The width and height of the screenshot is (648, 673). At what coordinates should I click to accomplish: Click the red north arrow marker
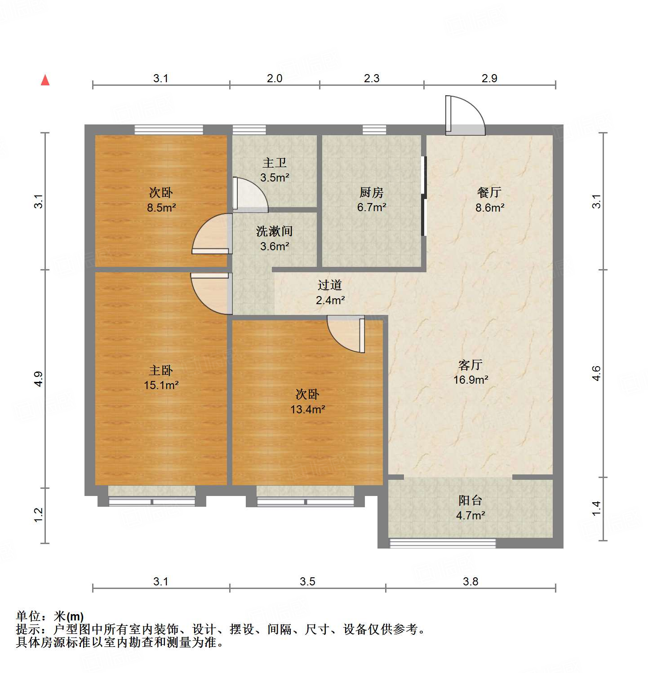[x=45, y=80]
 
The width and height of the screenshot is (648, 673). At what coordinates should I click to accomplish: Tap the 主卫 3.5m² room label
[x=275, y=170]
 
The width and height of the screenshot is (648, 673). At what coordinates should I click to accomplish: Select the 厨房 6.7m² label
[x=372, y=200]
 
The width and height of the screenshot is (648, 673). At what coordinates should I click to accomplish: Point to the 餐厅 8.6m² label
[x=489, y=200]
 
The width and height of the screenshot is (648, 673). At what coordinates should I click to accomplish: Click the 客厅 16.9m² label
[x=470, y=372]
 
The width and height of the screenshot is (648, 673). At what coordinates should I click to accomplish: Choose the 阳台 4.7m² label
[x=470, y=508]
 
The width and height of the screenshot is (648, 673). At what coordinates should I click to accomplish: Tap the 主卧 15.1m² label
[x=161, y=377]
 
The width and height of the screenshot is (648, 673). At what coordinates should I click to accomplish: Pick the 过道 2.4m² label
[x=330, y=292]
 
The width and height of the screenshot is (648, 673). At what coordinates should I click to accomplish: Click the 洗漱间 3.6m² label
[x=275, y=239]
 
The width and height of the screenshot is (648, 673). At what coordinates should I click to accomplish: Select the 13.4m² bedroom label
[x=307, y=402]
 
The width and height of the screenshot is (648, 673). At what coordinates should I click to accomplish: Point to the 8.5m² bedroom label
[x=161, y=200]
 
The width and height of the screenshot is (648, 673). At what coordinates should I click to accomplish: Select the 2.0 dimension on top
[x=275, y=78]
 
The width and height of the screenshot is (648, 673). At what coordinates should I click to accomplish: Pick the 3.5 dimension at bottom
[x=307, y=581]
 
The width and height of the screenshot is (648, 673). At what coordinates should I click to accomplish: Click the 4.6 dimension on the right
[x=596, y=373]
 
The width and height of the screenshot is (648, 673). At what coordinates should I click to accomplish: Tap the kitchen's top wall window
[x=374, y=130]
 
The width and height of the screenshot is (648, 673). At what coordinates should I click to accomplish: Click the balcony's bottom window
[x=442, y=543]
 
